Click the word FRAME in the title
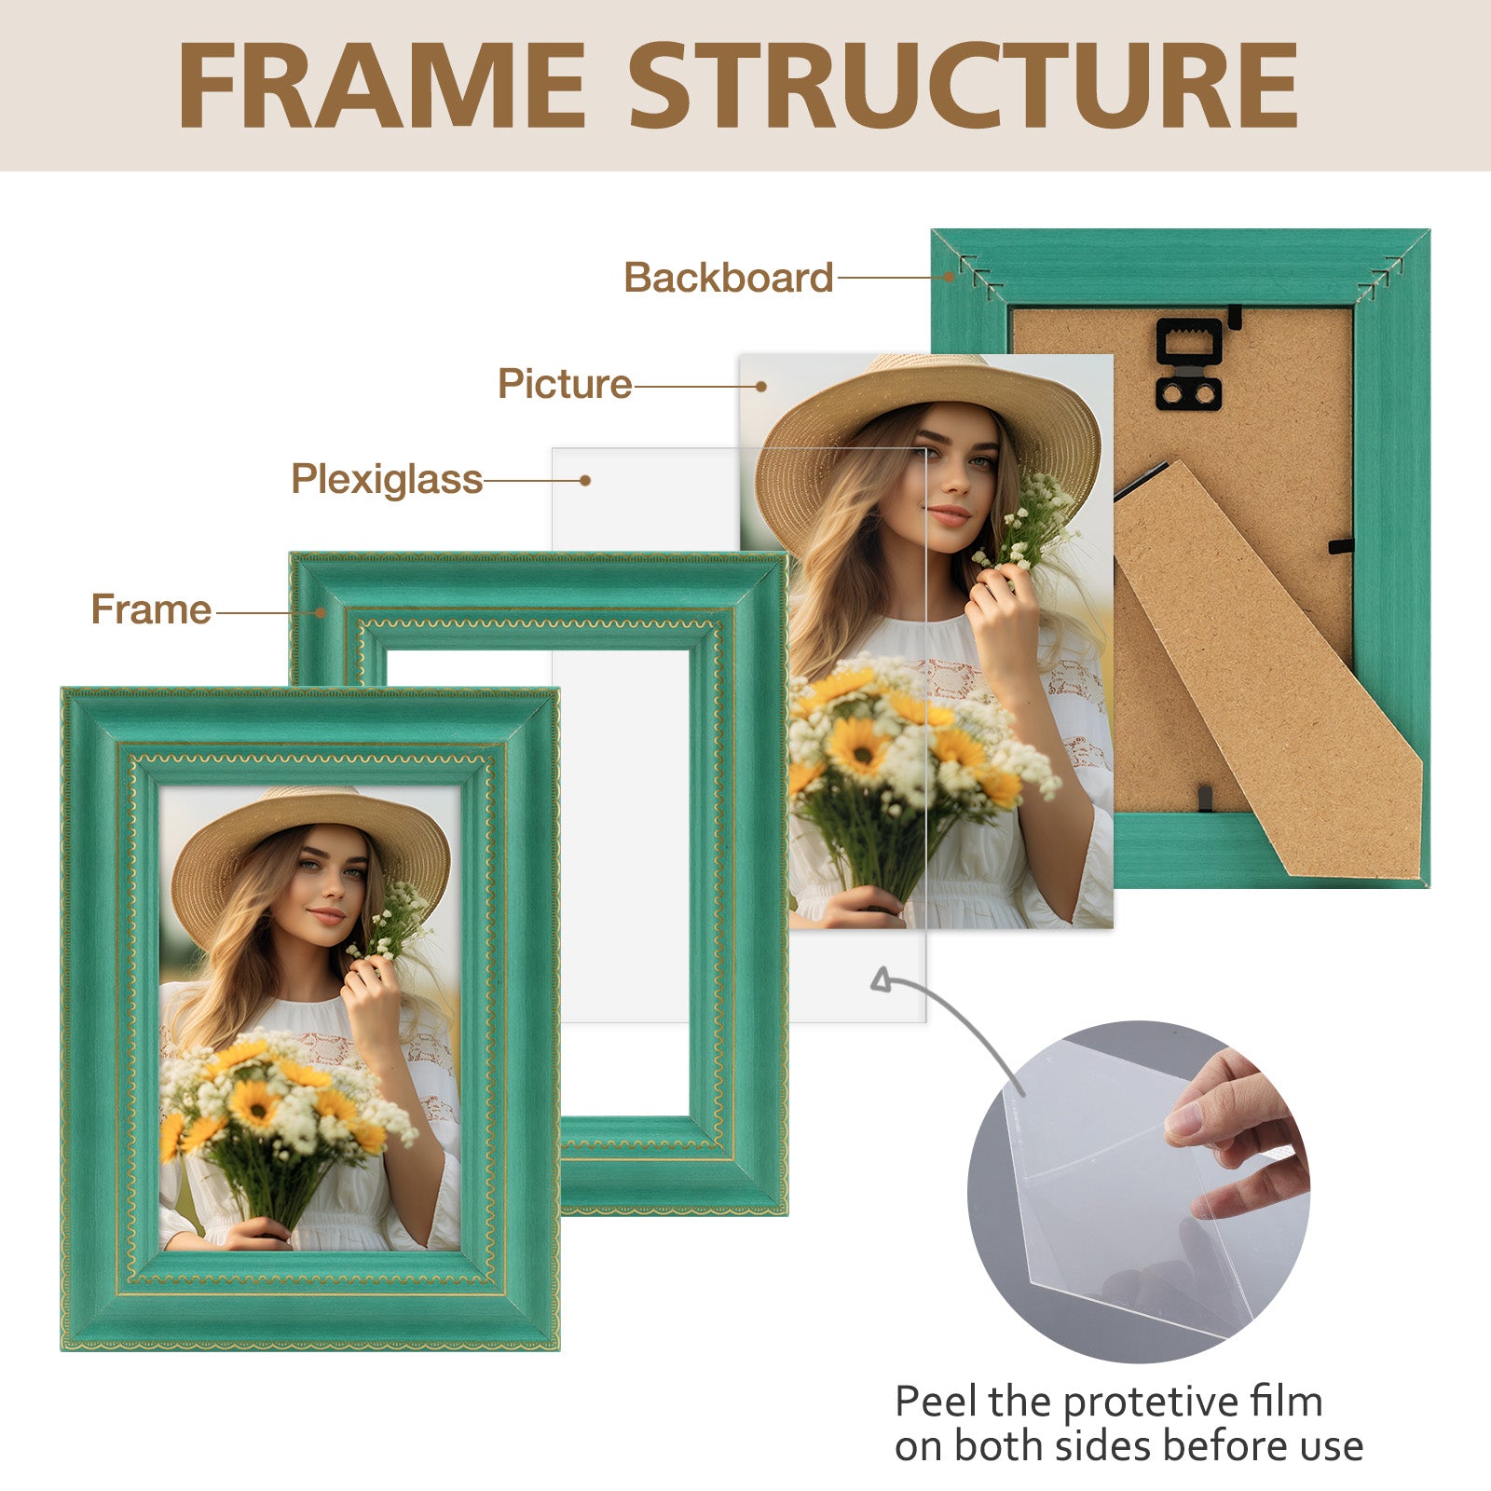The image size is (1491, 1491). pos(382,86)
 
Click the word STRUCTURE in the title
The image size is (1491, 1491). pos(964,86)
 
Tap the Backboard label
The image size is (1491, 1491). pos(729,278)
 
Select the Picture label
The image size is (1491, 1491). pos(565,384)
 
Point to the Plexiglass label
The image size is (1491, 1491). pos(387,480)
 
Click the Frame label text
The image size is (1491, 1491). pos(151,609)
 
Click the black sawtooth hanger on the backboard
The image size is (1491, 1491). pos(1189,363)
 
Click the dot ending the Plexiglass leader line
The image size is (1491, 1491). pos(585,481)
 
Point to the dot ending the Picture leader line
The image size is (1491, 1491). pos(761,386)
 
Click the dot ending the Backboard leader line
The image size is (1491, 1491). pos(949,277)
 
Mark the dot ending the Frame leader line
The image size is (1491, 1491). pos(320,612)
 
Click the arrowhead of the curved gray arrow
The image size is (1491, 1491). pos(881,979)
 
